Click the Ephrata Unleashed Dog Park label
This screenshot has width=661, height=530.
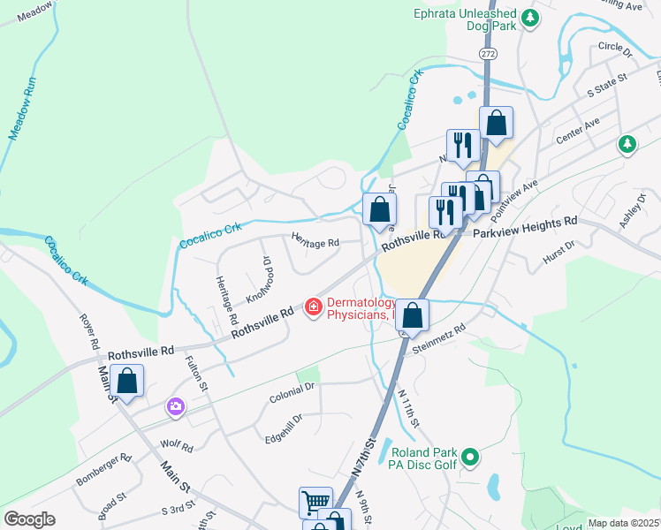point(464,19)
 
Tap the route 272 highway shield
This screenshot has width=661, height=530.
point(489,54)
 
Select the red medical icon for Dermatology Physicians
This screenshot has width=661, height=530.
point(313,307)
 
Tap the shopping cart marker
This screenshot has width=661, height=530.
point(315,502)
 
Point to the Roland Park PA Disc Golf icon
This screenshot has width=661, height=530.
point(472,457)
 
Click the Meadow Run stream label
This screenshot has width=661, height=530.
point(22,108)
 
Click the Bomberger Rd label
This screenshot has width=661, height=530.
point(103,465)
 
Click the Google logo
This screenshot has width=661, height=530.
point(29,519)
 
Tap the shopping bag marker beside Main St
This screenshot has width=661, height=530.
point(128,382)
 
